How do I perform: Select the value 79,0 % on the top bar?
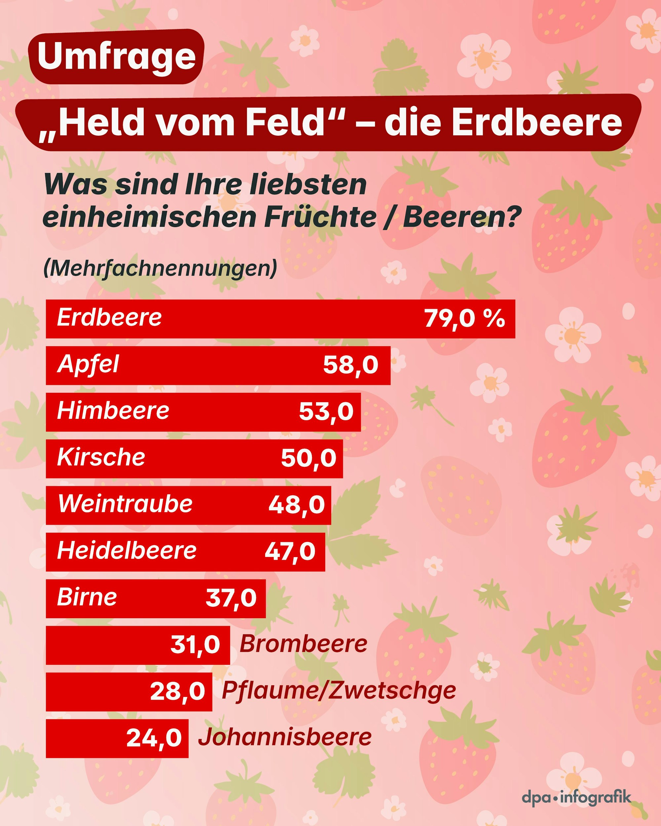(x=464, y=319)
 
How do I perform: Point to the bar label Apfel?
(x=88, y=365)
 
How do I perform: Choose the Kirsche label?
(x=101, y=458)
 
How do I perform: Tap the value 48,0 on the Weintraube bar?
(x=296, y=505)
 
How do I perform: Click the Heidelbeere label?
(x=127, y=551)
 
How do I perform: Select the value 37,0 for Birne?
(x=231, y=598)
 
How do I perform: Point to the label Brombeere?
(x=303, y=644)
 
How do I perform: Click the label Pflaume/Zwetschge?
(x=339, y=691)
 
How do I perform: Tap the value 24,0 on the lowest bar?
(x=154, y=737)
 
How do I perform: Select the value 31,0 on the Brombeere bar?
(x=195, y=645)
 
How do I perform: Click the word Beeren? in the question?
(x=462, y=217)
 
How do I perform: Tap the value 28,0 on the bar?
(x=177, y=692)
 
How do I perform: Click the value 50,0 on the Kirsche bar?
(x=308, y=458)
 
